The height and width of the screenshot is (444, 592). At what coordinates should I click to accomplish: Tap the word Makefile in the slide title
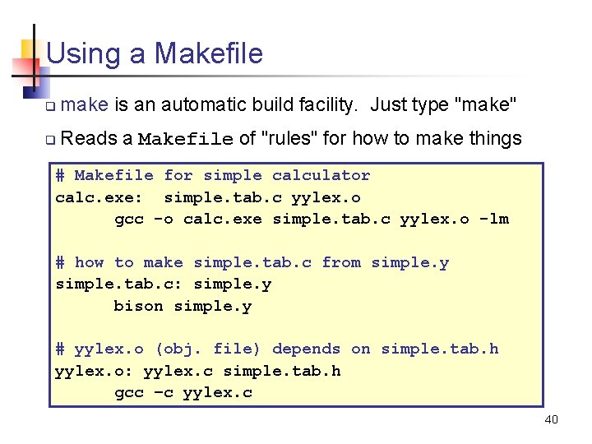click(209, 54)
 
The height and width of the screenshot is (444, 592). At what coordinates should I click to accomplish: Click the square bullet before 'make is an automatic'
click(50, 107)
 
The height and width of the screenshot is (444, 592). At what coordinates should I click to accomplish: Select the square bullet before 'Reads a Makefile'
click(50, 140)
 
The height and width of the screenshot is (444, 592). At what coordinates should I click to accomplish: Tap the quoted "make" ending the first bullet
click(485, 105)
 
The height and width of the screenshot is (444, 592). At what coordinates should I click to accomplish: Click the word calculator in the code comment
click(321, 175)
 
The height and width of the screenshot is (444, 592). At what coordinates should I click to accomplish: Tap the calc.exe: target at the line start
click(99, 197)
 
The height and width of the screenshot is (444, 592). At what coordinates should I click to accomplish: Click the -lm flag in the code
click(494, 219)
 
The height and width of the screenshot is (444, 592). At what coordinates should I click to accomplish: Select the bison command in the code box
click(138, 306)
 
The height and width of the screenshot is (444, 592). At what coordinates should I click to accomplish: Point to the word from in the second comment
click(341, 262)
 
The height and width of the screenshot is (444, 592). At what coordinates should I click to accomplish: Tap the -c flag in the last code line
click(163, 393)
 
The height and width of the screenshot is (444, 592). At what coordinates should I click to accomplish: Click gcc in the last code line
click(128, 393)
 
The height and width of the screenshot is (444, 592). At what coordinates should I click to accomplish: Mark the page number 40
click(551, 420)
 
